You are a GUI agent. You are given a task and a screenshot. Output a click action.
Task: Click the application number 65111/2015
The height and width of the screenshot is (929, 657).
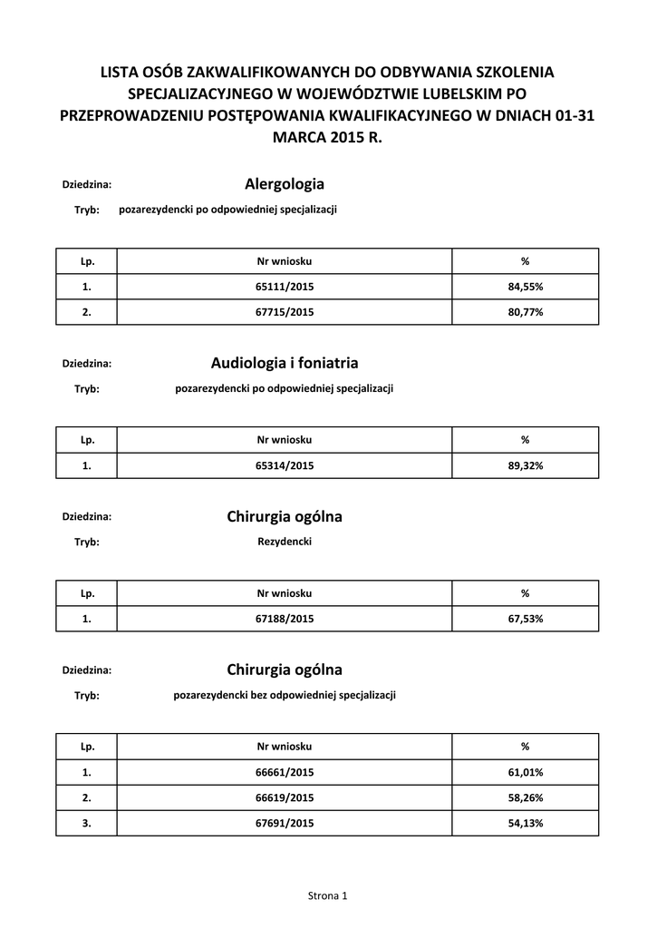coord(285,287)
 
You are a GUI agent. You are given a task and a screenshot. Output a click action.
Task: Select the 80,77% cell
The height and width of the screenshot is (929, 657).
coord(525,312)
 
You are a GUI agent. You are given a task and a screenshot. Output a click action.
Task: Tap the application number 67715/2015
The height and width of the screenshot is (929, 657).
coord(285,312)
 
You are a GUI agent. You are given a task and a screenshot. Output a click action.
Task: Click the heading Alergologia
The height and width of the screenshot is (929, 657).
coord(285,184)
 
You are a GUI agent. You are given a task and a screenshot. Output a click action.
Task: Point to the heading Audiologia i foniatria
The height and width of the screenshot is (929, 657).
coord(285,363)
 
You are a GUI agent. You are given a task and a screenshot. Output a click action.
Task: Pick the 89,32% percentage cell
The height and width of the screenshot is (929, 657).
coord(525,465)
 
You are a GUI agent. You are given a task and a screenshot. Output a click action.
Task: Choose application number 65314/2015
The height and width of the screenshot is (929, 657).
coord(285,465)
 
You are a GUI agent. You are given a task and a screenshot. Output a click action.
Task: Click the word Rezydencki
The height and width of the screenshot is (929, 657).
coord(285,542)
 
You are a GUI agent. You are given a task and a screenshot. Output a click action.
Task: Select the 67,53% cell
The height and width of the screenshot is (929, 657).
coord(525,619)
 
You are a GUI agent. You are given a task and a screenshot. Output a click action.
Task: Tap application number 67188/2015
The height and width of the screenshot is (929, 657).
coord(285,619)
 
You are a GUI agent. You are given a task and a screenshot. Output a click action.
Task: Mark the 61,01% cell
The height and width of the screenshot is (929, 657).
coord(525,772)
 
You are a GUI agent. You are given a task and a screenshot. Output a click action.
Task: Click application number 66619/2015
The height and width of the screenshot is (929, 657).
coord(285,797)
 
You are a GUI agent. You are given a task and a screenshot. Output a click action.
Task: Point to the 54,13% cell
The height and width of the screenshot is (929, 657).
coord(525,823)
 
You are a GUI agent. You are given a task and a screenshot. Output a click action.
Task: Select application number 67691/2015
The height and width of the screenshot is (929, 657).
coord(285,823)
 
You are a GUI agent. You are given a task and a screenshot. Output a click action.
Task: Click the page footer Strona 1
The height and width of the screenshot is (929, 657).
coord(328,896)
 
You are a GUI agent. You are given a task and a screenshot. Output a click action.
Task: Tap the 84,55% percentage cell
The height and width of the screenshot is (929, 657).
coord(525,287)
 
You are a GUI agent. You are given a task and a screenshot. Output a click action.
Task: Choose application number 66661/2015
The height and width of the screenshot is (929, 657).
coord(285,772)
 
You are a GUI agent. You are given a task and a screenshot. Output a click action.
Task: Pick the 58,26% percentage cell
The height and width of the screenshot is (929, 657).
coord(525,797)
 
